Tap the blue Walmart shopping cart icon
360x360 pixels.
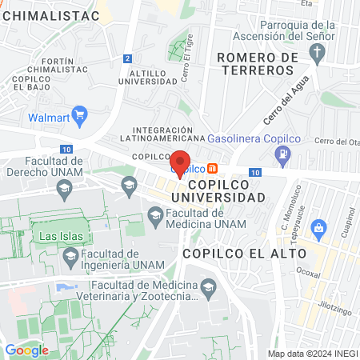click(79, 116)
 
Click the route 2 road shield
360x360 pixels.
click(127, 58)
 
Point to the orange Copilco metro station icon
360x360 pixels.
click(212, 168)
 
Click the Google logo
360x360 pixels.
click(26, 350)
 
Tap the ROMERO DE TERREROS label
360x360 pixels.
click(256, 63)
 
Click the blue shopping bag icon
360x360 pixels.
click(318, 228)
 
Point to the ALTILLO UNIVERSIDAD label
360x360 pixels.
click(159, 77)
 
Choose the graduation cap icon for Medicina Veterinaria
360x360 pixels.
click(208, 286)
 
